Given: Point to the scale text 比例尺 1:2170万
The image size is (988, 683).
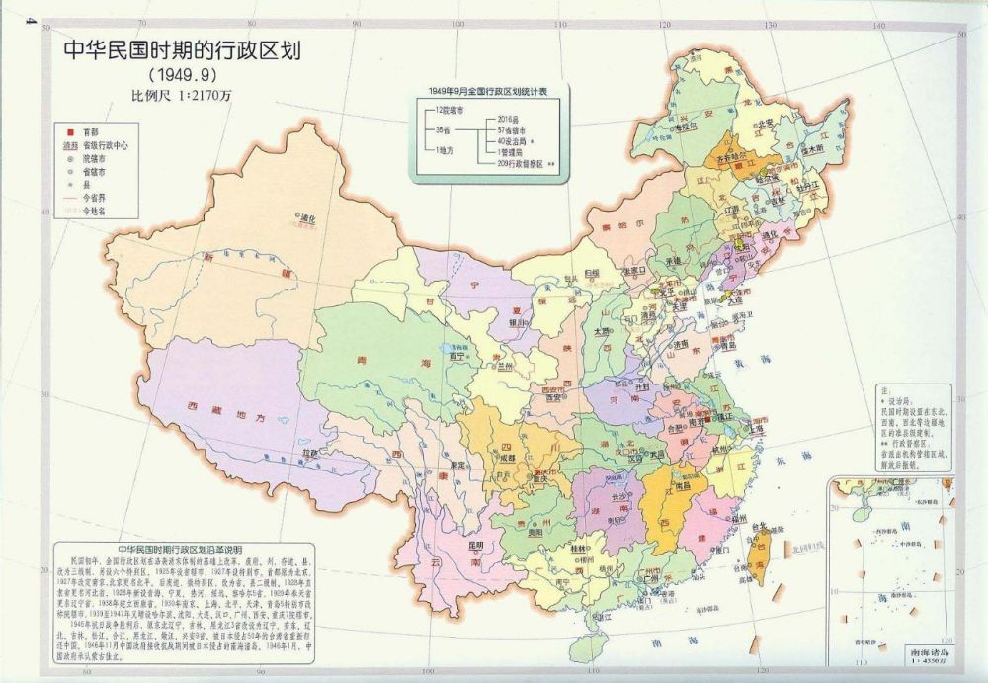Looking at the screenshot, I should [182, 97].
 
